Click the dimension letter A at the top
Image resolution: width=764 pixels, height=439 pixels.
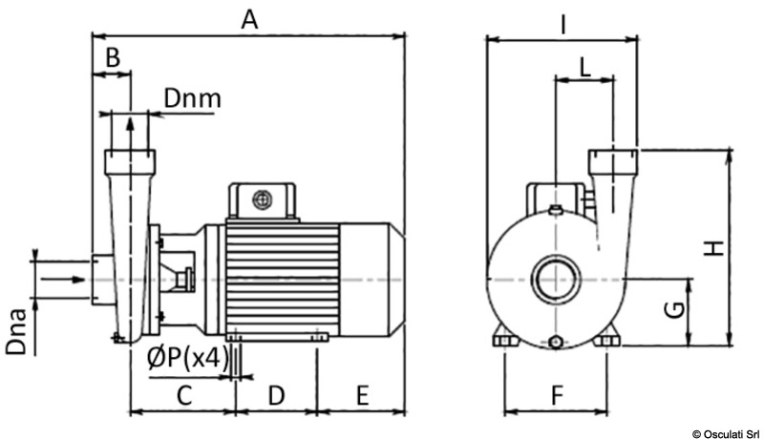point(250,19)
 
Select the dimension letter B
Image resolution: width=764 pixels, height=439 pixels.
point(112,58)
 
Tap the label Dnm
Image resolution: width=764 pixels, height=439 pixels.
point(192,98)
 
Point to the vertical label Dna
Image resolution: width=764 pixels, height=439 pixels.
point(16,334)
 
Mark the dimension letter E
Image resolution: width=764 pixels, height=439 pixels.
point(362,393)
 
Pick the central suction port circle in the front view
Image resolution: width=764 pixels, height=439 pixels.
point(555,280)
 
